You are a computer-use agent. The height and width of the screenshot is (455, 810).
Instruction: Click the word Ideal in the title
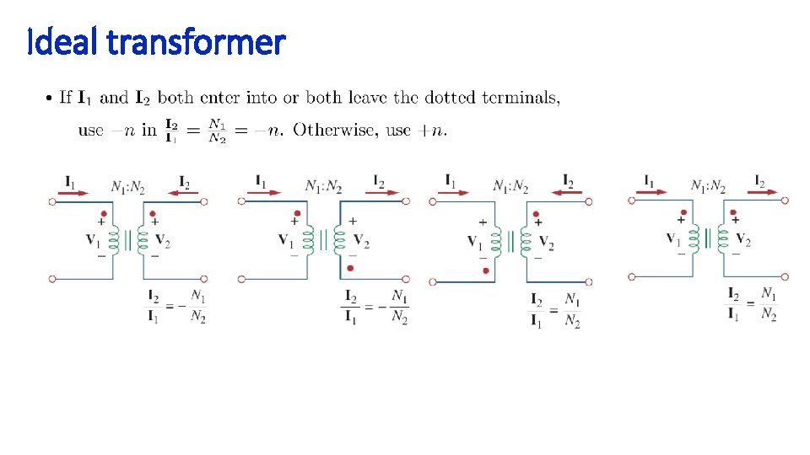(64, 40)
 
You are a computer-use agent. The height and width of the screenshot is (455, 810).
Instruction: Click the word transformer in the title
(197, 40)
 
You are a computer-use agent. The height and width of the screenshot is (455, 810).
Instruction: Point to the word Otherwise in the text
(335, 131)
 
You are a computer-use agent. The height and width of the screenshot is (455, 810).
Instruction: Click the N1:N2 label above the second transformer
(324, 185)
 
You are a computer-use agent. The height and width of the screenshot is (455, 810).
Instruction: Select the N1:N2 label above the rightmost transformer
(709, 185)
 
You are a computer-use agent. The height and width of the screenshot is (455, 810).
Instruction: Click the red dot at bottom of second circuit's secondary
(350, 268)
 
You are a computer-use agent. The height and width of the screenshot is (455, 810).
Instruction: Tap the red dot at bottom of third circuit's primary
(485, 270)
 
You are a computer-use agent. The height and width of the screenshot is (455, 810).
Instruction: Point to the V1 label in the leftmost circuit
(94, 239)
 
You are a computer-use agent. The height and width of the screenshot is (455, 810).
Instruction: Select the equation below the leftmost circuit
(177, 307)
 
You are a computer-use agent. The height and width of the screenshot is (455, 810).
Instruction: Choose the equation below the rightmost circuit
(753, 303)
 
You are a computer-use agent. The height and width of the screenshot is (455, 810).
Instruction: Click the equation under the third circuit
(554, 310)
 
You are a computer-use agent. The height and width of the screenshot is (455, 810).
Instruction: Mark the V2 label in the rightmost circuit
(742, 239)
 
